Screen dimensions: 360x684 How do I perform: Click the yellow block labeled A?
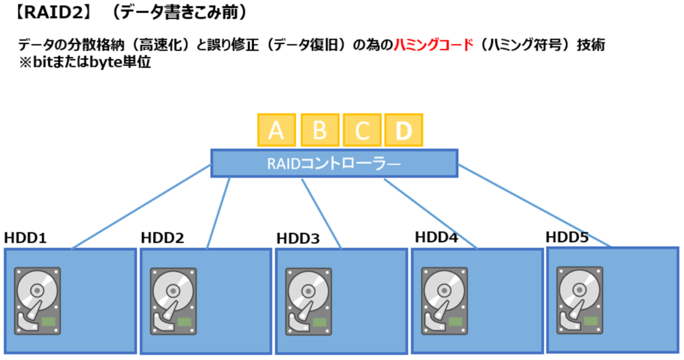point(276,130)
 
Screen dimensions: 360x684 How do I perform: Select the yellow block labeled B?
point(320,130)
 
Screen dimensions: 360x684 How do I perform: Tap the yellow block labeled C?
point(362,130)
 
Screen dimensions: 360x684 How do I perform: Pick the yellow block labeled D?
point(404,130)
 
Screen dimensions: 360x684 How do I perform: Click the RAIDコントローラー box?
point(334,163)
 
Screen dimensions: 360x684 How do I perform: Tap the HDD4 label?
point(436,236)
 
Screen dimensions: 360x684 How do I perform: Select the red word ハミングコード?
point(434,46)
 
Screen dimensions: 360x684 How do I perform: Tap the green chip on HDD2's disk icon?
point(184,322)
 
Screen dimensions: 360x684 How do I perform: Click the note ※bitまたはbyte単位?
point(84,62)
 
